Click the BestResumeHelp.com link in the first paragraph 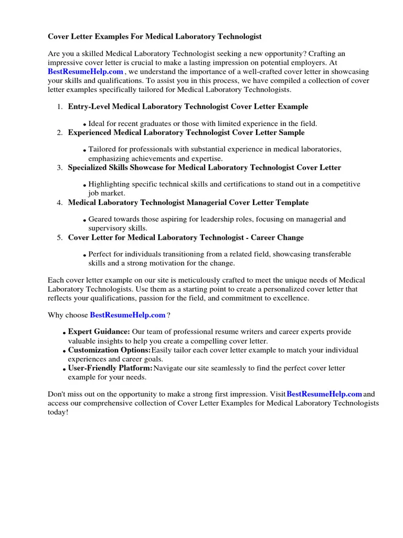tap(86, 71)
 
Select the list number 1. tap(60, 107)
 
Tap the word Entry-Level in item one tap(88, 107)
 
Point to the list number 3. tap(60, 168)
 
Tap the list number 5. tap(60, 237)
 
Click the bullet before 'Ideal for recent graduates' tap(84, 125)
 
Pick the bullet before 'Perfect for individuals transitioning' tap(84, 255)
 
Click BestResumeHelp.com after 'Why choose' tap(128, 315)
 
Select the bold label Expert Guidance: tap(99, 332)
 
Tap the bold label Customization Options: tap(109, 350)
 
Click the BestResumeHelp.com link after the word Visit tap(324, 394)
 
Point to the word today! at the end tap(58, 412)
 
